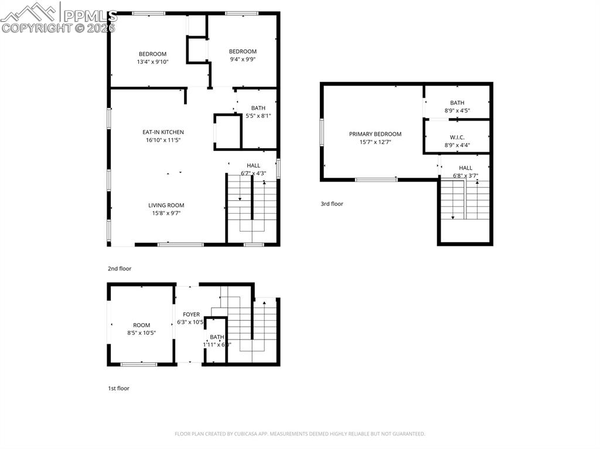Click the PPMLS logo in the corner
point(59,18)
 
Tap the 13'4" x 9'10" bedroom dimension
point(152,61)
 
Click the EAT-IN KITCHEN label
point(163,132)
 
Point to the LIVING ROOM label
point(166,205)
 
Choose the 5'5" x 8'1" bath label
point(258,108)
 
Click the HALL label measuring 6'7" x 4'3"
point(253,166)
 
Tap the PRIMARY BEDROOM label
point(375,134)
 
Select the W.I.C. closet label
point(457,138)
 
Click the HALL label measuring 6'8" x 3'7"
point(465,168)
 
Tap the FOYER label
point(191,314)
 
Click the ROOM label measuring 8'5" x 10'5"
point(141,325)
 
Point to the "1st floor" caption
point(118,388)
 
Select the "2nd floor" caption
point(120,269)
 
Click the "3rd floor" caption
point(332,204)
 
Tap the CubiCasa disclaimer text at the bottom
point(300,434)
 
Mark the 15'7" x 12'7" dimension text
point(375,142)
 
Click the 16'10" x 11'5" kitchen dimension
point(163,140)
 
